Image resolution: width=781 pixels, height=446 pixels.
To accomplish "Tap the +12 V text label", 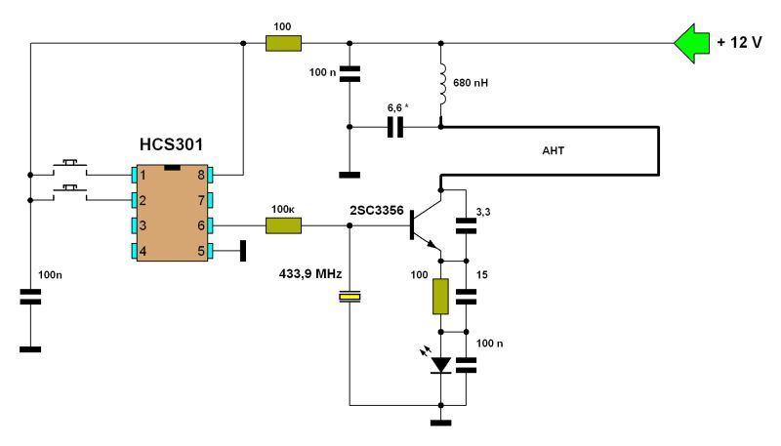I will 740,44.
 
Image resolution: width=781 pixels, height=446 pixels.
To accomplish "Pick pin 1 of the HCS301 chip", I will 136,175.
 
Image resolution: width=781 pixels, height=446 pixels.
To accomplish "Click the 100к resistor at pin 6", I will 284,226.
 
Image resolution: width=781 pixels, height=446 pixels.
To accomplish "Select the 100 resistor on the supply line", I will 284,43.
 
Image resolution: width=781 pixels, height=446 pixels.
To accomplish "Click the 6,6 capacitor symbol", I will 395,127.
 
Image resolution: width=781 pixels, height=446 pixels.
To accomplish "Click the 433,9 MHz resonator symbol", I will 349,297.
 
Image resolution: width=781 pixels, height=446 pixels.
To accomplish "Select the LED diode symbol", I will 441,365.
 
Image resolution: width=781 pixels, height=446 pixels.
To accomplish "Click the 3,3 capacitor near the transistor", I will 467,226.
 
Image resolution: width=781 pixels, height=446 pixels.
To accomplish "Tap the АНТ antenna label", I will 553,151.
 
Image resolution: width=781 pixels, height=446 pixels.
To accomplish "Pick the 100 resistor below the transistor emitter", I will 441,297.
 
